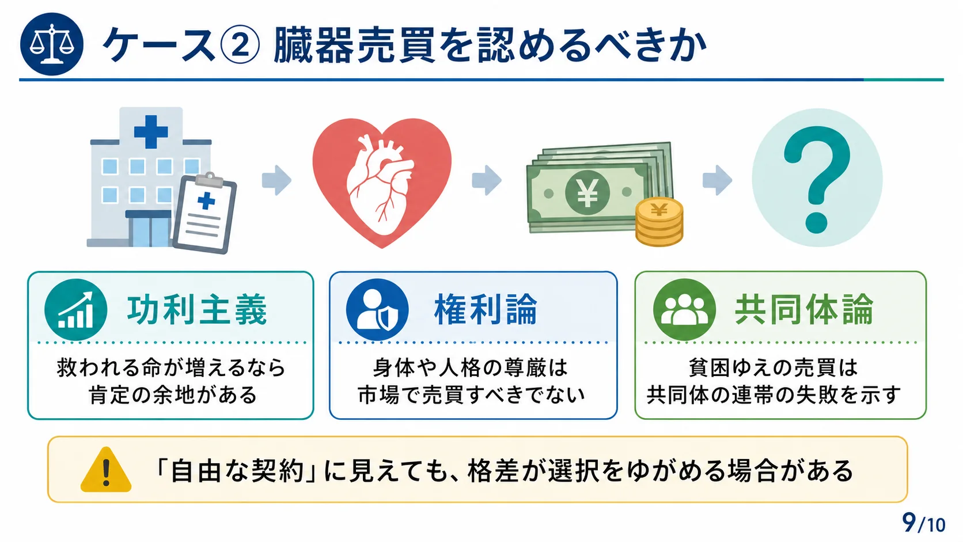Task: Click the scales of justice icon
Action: [x=52, y=44]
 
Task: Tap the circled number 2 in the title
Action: [x=240, y=44]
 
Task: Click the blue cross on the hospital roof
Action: [x=151, y=131]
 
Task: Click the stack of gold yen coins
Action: [x=659, y=222]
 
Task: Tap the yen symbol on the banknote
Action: [x=587, y=192]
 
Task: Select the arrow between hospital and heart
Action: [x=276, y=180]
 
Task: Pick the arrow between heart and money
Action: [x=487, y=180]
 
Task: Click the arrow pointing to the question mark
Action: [x=717, y=180]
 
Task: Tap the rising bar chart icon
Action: [x=75, y=310]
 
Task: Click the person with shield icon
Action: [x=377, y=310]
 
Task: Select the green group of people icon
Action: [x=684, y=310]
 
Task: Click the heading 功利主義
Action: [x=197, y=310]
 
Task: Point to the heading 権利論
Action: [x=486, y=310]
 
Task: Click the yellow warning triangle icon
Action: [x=106, y=469]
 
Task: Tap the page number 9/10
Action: [x=923, y=523]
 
